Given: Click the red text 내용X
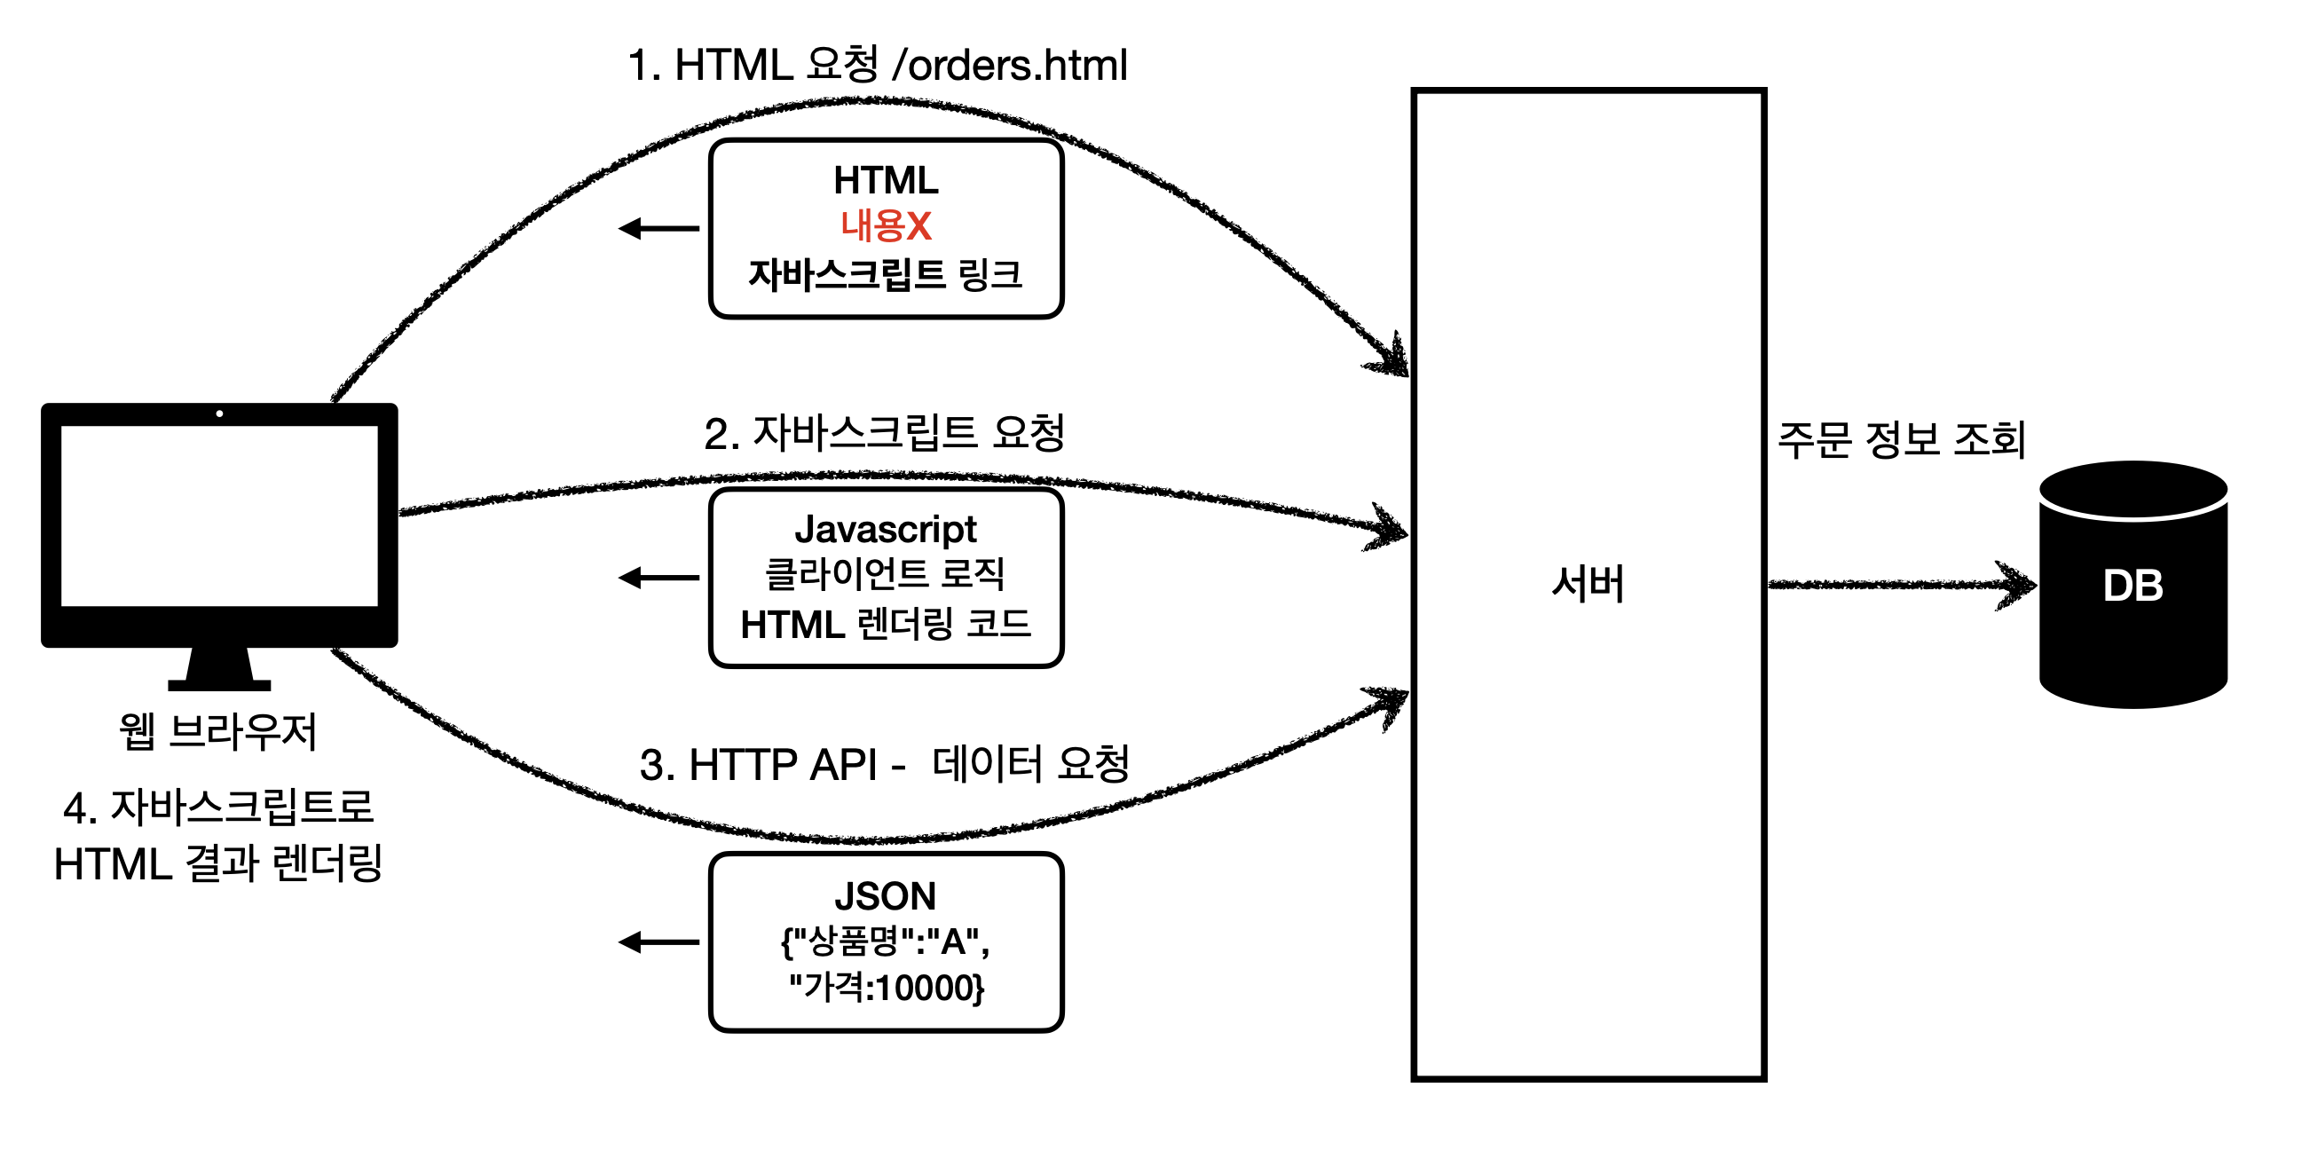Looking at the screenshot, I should pos(886,225).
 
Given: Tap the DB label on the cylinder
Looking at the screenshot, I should pos(2133,587).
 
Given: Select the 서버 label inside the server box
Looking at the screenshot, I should pos(1587,585).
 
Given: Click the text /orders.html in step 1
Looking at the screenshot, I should pos(1010,66).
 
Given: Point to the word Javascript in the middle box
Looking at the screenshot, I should pos(886,529).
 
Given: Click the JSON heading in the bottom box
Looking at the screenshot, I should pos(886,895).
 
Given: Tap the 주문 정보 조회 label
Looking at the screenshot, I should pos(1901,439).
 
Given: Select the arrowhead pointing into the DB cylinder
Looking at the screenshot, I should pos(2018,587).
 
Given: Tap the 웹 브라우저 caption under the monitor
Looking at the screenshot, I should pos(218,731).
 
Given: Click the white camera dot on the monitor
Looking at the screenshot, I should pos(220,414).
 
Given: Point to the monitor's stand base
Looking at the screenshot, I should pos(219,684).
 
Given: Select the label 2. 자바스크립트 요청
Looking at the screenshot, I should pos(884,433).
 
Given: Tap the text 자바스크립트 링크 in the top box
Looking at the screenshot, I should pos(885,274).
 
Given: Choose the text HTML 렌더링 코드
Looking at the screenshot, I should pos(886,624).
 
